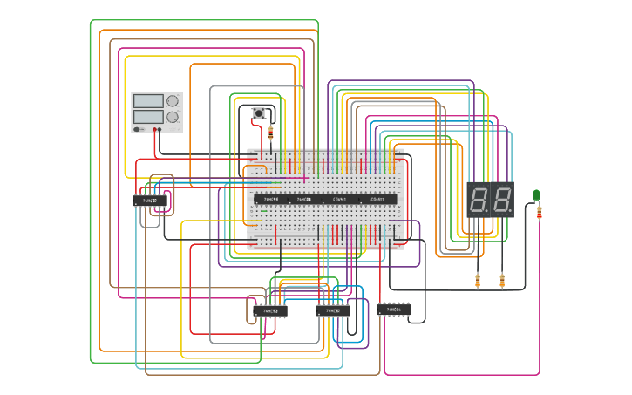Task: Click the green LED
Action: pos(537,195)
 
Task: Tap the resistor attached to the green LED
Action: pos(540,211)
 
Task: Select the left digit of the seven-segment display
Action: pos(479,201)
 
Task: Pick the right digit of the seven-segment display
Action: pos(501,201)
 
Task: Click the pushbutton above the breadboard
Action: pos(259,113)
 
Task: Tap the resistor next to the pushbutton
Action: pos(270,133)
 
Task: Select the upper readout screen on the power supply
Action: pos(148,101)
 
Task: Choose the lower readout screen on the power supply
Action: pos(148,116)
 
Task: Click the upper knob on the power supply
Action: pos(173,101)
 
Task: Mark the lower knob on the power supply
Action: pos(173,117)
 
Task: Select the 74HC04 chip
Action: pos(393,309)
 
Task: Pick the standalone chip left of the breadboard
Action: pos(150,201)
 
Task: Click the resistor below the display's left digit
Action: pos(478,280)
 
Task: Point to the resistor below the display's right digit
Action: pos(502,280)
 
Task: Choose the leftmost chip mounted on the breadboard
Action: pos(271,200)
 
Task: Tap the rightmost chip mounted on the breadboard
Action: pos(377,200)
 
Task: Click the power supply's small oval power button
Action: pos(139,129)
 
